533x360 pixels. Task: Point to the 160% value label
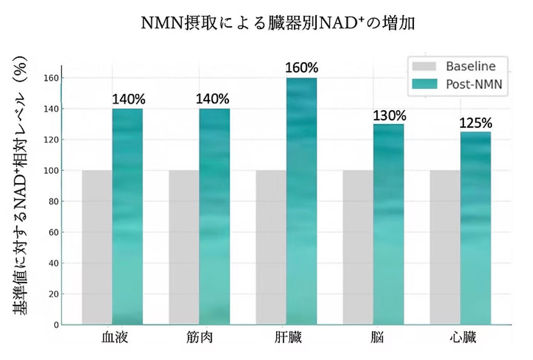coord(302,68)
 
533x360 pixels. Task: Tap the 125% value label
coord(476,123)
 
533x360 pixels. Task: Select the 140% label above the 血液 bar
coord(128,99)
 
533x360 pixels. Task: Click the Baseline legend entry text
coord(471,66)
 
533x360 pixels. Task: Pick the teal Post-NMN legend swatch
coord(423,84)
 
